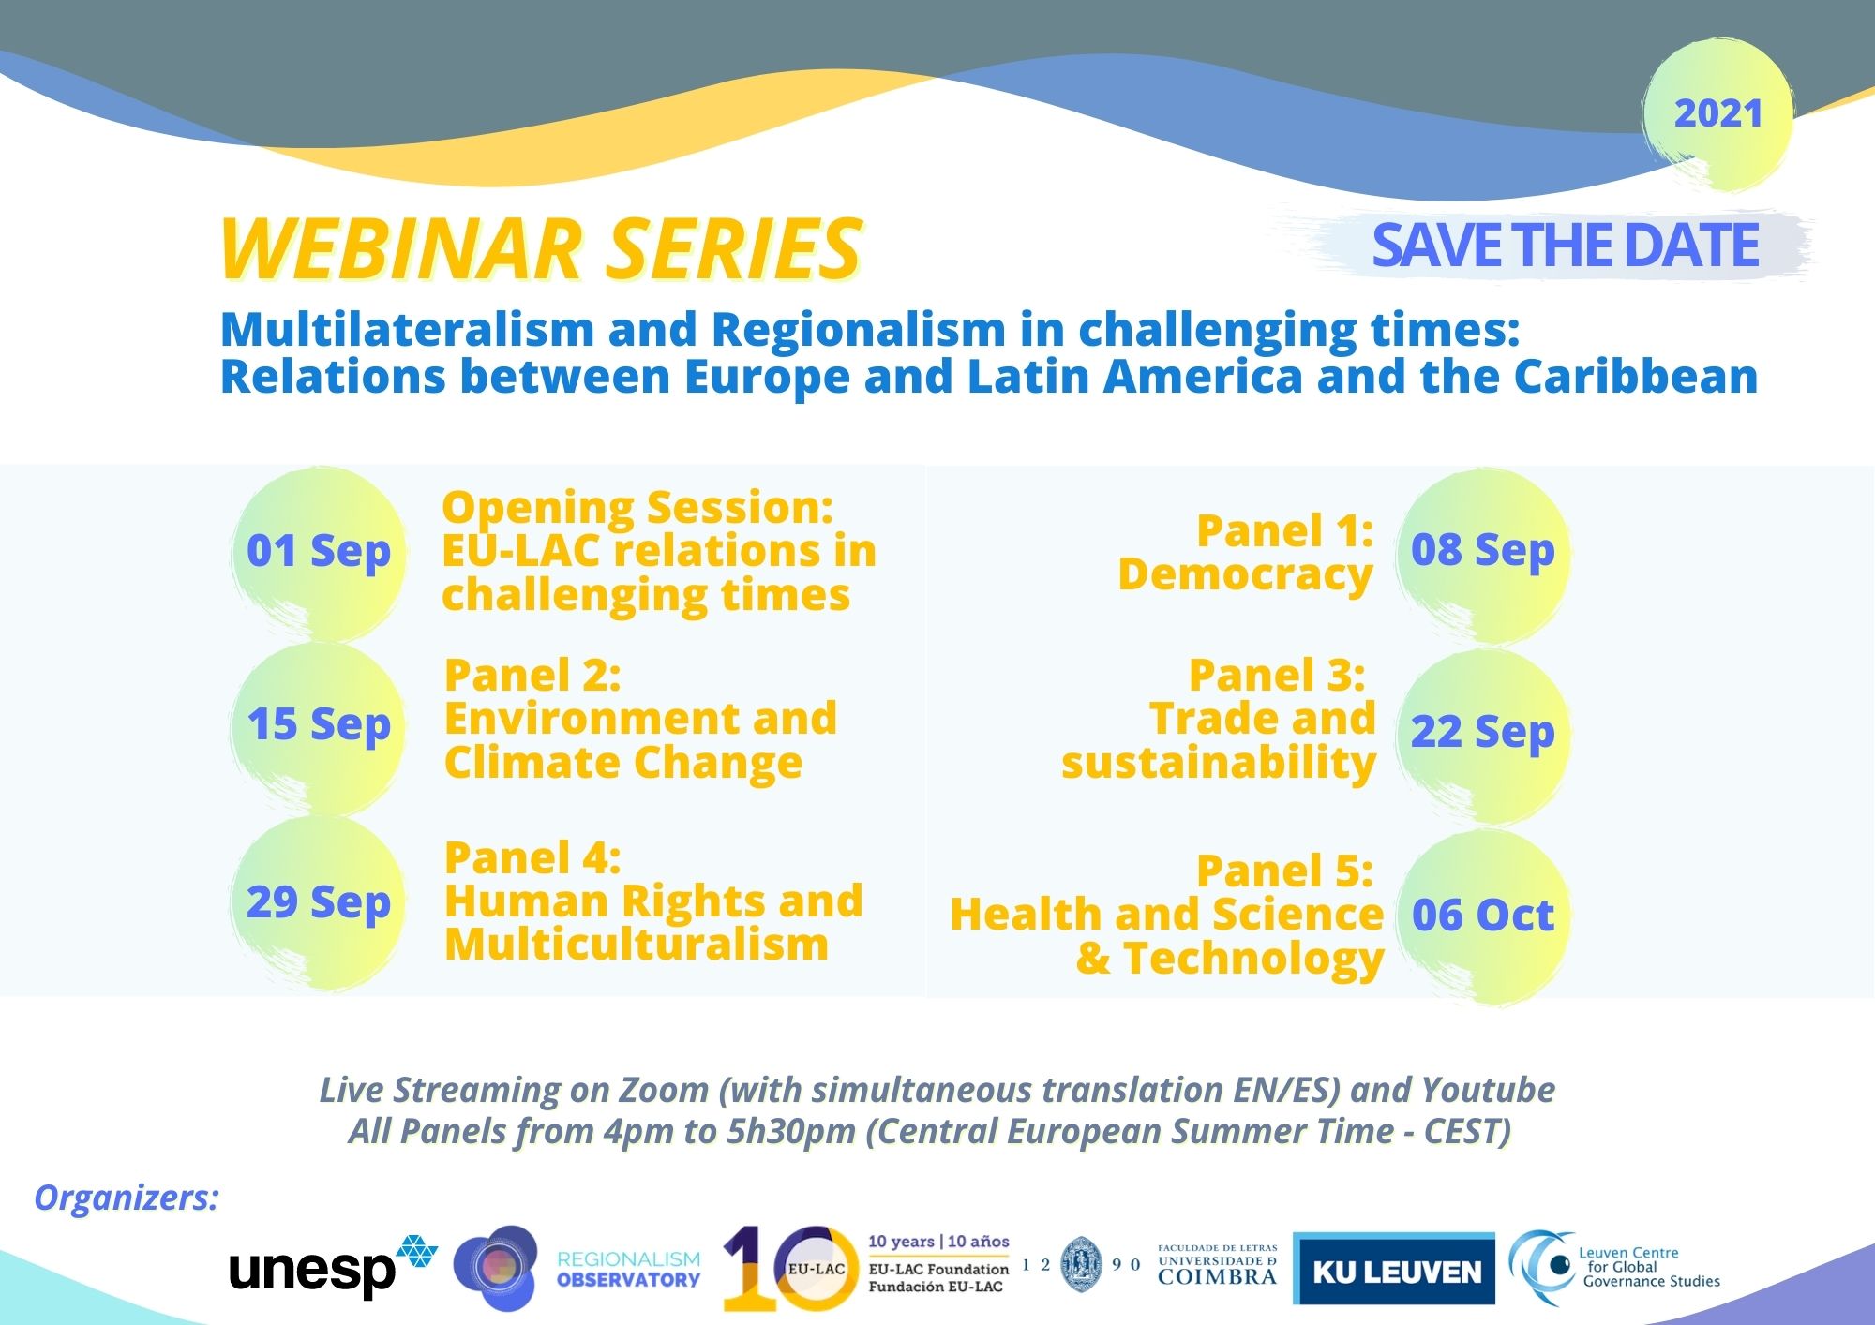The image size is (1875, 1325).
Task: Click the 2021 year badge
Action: coord(1717,114)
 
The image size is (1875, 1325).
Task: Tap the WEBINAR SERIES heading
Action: coord(540,249)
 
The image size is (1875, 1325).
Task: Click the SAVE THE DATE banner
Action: coord(1565,246)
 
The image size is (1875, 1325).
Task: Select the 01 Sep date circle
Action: coord(319,552)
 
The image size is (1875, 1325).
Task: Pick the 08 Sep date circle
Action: coord(1483,552)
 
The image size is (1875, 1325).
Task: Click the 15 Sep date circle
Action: coord(319,726)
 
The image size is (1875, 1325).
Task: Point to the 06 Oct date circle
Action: coord(1483,916)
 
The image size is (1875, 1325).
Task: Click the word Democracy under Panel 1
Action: coord(1246,575)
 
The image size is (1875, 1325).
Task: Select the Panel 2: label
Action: coord(532,675)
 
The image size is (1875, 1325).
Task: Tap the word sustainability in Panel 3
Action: coord(1219,763)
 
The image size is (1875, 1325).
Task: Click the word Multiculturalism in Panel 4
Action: coord(637,944)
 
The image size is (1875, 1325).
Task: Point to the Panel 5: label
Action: coord(1285,871)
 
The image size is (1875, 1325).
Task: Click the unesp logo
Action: coord(333,1267)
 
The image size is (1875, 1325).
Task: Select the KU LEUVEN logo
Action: coord(1394,1269)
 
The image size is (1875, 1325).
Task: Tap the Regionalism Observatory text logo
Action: coord(628,1270)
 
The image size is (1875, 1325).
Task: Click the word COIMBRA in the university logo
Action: coord(1218,1276)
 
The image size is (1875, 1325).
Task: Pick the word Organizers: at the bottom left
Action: coord(126,1198)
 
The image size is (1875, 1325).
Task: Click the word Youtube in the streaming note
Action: coord(1488,1090)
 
